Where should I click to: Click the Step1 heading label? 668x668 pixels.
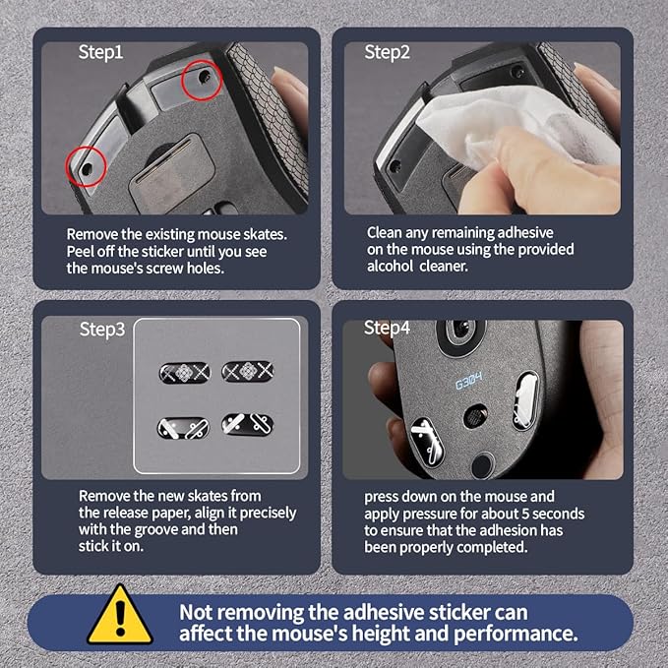tap(100, 52)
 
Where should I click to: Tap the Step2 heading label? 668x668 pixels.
tap(387, 52)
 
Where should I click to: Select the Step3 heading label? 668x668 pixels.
tap(102, 330)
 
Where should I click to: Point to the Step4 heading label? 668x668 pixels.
tap(387, 328)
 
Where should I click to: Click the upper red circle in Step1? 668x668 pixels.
tap(202, 80)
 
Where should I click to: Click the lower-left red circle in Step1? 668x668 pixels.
tap(86, 166)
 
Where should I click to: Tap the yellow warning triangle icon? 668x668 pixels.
tap(120, 614)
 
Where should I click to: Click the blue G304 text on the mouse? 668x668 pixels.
tap(469, 380)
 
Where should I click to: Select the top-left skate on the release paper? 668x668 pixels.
tap(185, 373)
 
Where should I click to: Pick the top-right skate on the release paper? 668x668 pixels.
tap(248, 371)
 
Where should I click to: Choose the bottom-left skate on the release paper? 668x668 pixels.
tap(184, 428)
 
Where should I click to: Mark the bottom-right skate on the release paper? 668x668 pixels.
tap(248, 424)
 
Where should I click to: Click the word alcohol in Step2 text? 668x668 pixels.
tap(390, 266)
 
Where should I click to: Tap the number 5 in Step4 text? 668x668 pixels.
tap(525, 514)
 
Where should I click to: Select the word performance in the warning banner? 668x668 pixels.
tap(516, 634)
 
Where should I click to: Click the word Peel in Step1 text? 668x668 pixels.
tap(80, 251)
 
